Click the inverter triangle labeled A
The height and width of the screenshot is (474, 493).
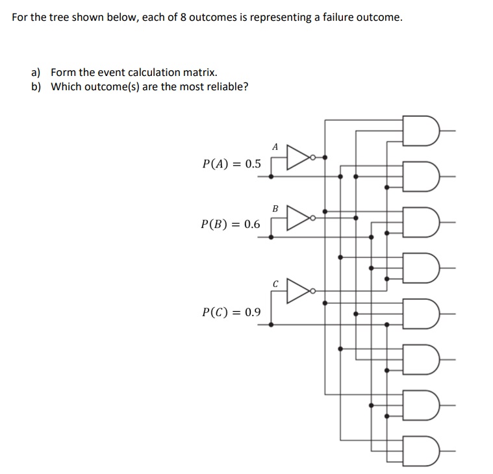click(x=297, y=157)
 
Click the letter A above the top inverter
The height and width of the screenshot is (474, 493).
click(x=275, y=147)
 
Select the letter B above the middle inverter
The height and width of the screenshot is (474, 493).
click(x=275, y=208)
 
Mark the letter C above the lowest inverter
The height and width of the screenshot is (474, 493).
click(x=275, y=283)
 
